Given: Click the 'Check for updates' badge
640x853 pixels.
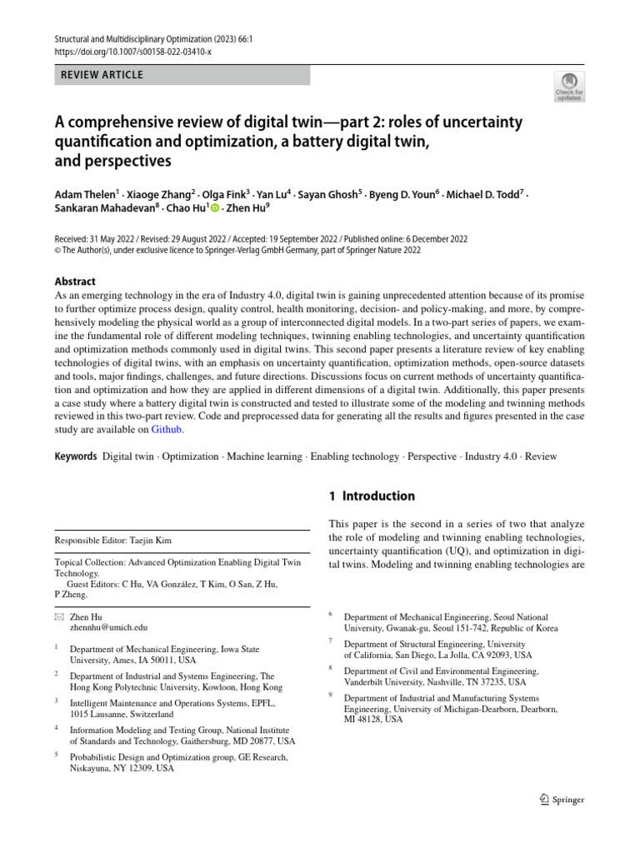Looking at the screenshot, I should pos(569,86).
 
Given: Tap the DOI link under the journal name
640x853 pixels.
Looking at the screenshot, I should pos(132,52).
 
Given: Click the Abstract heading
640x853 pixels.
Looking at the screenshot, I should pos(75,282).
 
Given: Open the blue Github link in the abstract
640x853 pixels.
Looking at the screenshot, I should pos(166,430).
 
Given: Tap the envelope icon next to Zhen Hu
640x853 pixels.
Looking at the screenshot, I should pos(58,616).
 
